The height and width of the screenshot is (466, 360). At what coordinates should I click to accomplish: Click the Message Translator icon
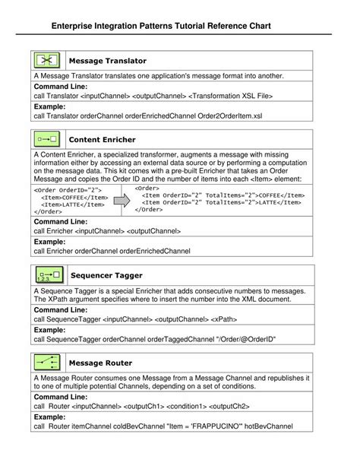47,60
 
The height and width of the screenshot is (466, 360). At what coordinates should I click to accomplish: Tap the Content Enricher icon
47,139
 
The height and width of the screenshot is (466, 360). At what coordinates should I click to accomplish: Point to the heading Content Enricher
103,140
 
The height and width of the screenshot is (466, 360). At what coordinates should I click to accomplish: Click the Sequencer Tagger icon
47,274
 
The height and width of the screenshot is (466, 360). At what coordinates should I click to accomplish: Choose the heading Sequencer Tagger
106,275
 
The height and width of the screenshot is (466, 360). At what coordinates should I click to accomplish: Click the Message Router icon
47,363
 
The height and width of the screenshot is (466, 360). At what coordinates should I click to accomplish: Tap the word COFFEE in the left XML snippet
79,197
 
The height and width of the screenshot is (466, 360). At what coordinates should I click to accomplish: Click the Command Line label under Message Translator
62,87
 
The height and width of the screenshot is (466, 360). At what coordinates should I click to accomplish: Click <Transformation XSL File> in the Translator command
230,97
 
